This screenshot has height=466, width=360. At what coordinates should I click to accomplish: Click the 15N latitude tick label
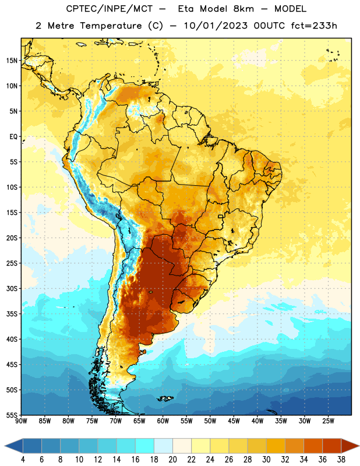click(x=12, y=61)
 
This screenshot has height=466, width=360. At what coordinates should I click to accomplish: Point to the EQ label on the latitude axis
click(x=13, y=137)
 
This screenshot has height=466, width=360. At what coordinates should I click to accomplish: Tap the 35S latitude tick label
click(x=12, y=314)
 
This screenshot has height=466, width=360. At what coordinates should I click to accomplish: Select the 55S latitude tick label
click(x=12, y=415)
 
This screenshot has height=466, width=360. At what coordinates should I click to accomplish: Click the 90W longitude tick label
click(x=21, y=421)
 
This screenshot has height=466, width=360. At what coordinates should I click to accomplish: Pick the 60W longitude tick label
click(x=163, y=421)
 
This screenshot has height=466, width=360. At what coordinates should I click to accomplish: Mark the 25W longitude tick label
click(x=328, y=421)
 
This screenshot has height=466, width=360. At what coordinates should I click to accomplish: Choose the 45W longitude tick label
click(x=234, y=421)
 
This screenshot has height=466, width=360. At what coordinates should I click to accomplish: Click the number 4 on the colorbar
click(x=23, y=460)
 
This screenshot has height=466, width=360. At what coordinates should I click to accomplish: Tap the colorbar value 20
click(x=172, y=460)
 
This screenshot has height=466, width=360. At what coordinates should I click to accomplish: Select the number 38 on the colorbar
click(x=341, y=460)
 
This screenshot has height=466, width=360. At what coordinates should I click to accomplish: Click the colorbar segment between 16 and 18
click(x=145, y=446)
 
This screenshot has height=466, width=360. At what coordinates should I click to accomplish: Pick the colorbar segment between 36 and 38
click(x=332, y=446)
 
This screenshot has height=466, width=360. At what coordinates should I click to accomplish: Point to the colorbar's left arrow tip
click(x=5, y=446)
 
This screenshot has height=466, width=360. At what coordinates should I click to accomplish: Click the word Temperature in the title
click(x=111, y=26)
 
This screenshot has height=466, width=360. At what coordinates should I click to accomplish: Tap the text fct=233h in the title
click(x=314, y=26)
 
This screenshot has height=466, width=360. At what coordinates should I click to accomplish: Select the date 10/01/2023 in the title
click(x=216, y=26)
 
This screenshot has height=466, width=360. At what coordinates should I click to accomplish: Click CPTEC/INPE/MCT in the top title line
click(x=109, y=9)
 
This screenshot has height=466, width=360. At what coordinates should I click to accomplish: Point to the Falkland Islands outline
click(x=164, y=398)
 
